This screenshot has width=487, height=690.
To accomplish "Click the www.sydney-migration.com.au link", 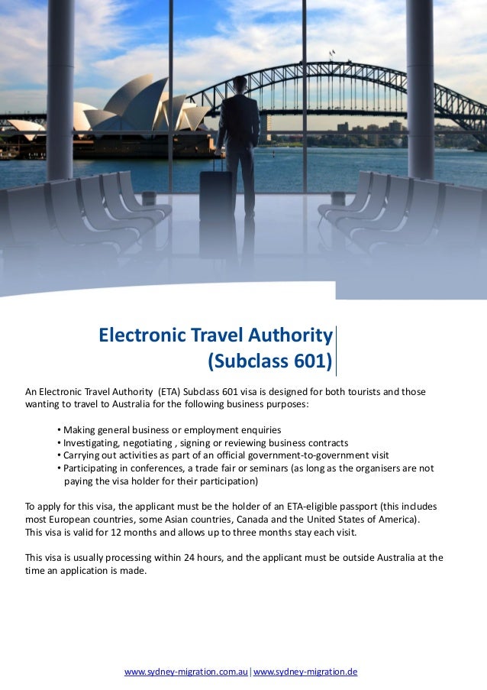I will (186, 672).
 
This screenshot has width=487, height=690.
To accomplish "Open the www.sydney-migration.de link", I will (305, 672).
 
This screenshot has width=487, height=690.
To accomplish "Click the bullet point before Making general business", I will (59, 429).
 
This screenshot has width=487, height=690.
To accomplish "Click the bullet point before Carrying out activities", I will (59, 455).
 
